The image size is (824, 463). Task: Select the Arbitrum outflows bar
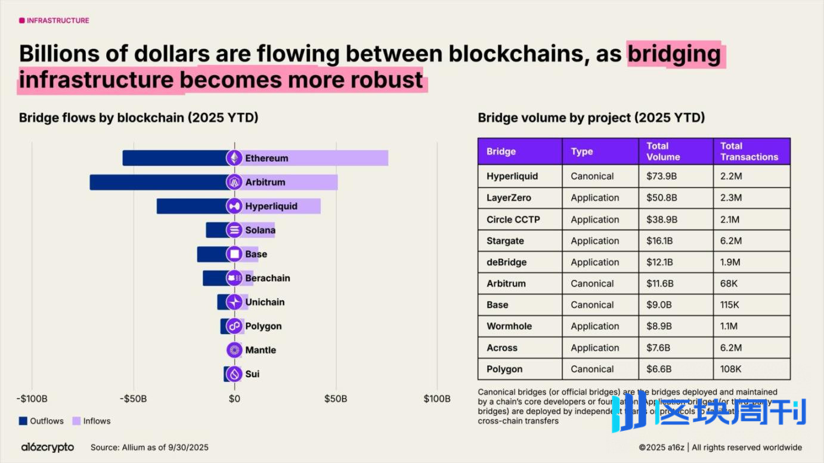158,182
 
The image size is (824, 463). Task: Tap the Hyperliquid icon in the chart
234,206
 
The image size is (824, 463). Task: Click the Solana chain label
260,230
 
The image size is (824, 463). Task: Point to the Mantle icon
234,350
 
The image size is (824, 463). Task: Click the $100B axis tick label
437,399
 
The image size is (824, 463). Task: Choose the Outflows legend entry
41,421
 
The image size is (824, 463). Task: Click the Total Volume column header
663,152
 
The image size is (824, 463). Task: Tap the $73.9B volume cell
662,176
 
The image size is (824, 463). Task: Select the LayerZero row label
509,197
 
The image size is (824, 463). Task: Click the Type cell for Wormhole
594,326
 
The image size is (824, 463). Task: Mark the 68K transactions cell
729,283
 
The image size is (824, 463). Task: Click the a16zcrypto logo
47,447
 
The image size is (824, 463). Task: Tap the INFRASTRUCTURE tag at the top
54,20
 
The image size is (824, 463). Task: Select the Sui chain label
252,374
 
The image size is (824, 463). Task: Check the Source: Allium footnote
150,447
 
